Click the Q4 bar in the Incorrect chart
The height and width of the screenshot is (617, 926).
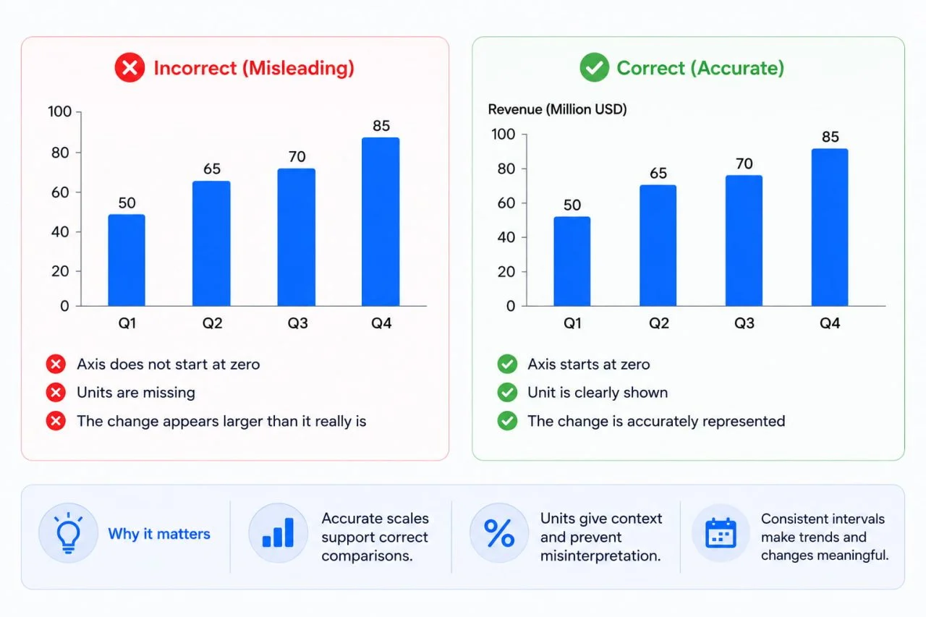381,222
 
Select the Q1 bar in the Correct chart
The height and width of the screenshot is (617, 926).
572,261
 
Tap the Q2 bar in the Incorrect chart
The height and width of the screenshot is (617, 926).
211,244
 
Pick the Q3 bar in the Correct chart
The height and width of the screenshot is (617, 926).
744,241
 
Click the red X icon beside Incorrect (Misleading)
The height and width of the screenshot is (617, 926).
129,67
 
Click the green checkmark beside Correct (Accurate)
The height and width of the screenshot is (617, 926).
595,67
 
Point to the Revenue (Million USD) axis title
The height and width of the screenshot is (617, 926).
557,109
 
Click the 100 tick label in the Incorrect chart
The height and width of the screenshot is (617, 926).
59,111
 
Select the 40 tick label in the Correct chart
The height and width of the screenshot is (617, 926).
506,237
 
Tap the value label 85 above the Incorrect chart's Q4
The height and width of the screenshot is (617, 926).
381,126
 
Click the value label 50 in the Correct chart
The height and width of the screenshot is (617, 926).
572,205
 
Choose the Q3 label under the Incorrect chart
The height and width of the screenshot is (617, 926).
297,323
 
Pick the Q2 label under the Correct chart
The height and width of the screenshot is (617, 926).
658,323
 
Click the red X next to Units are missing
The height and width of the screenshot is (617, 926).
56,393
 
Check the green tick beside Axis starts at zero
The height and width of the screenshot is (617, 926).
507,364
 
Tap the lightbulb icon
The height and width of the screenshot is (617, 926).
68,533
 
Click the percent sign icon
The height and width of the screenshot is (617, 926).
499,533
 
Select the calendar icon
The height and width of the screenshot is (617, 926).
721,533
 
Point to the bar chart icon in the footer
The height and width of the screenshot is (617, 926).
279,532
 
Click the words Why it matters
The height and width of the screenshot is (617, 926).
159,534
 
